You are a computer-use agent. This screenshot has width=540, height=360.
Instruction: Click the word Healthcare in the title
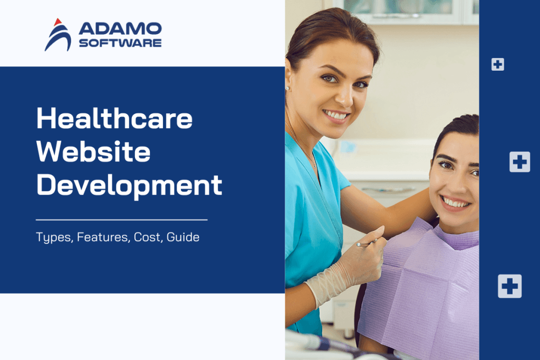click(x=114, y=119)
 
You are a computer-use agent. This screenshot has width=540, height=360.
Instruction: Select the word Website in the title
click(x=93, y=152)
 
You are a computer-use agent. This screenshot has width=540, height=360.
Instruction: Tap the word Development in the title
click(x=129, y=186)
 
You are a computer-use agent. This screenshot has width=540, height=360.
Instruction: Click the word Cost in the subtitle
click(x=147, y=237)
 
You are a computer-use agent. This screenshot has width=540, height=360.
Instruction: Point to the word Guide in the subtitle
click(x=183, y=237)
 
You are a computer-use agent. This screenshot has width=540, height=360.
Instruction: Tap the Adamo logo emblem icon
click(x=57, y=35)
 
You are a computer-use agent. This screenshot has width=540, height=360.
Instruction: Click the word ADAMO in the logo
click(x=120, y=29)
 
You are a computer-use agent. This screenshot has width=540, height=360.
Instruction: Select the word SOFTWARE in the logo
click(x=120, y=43)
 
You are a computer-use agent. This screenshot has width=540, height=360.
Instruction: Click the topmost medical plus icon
click(x=497, y=64)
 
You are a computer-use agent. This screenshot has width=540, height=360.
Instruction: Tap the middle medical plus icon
click(x=519, y=161)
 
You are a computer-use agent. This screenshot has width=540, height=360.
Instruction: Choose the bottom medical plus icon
click(x=509, y=286)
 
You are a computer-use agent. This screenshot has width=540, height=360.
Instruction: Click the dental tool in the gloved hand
click(x=366, y=243)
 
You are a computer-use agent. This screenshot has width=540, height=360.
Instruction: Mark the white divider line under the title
click(x=121, y=219)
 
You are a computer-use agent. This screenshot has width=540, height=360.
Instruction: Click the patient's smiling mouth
click(x=455, y=201)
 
